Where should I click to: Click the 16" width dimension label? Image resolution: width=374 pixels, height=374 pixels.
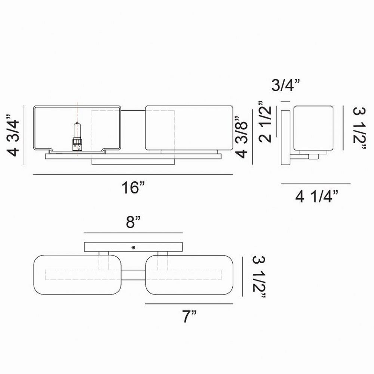133,187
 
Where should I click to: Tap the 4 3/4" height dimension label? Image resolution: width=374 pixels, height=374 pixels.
14,135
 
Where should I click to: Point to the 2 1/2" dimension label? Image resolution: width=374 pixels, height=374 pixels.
266,122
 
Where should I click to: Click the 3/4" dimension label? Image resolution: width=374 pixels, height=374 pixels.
285,85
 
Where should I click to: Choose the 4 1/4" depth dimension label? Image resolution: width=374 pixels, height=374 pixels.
317,197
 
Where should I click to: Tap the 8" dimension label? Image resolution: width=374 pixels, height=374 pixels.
134,222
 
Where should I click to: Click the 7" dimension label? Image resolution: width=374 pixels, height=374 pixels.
189,316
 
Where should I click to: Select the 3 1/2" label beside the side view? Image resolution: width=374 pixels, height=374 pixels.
359,128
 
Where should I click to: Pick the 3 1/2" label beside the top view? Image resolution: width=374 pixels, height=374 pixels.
259,277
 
